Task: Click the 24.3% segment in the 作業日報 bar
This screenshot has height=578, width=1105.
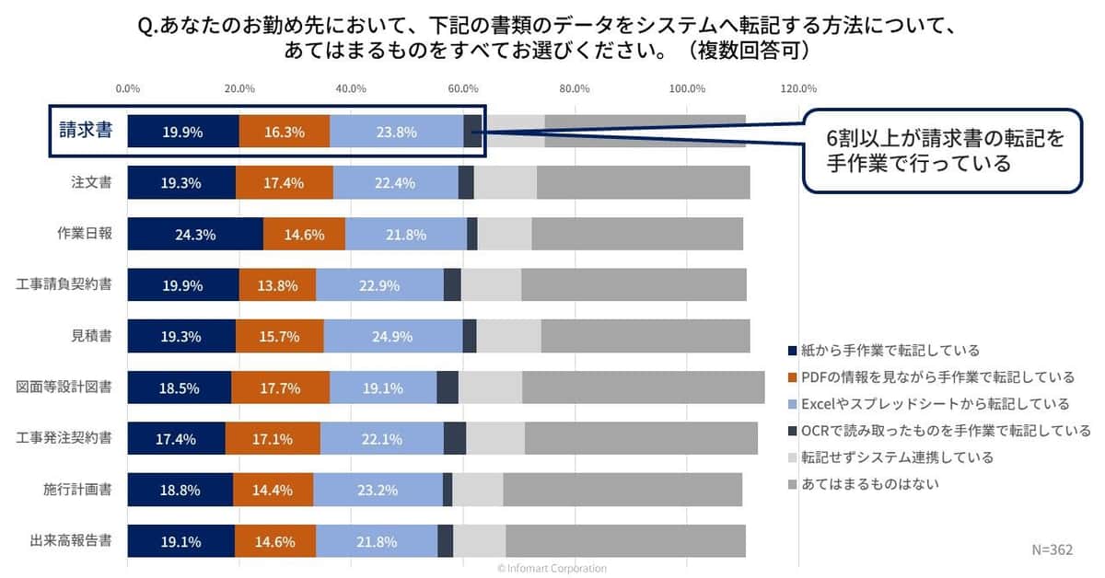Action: (x=195, y=235)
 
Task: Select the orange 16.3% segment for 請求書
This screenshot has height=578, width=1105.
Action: (x=285, y=132)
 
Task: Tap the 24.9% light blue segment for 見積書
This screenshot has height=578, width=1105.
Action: (x=393, y=337)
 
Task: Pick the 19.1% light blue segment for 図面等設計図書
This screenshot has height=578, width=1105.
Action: (x=383, y=388)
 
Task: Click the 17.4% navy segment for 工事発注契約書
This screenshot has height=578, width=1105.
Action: (x=176, y=439)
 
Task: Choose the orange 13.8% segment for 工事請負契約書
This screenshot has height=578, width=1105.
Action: (x=277, y=285)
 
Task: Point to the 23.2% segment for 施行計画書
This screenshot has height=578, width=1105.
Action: (x=378, y=491)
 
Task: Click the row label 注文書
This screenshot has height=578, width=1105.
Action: (x=91, y=183)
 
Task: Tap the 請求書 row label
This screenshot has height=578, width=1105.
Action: (x=86, y=132)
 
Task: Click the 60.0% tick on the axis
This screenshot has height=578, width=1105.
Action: (x=462, y=89)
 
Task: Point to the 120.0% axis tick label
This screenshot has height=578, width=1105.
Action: (x=798, y=89)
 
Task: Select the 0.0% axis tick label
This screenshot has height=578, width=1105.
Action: (x=127, y=89)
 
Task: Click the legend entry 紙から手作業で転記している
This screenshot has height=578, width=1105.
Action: (x=890, y=351)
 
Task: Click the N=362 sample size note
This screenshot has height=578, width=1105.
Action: (x=1051, y=549)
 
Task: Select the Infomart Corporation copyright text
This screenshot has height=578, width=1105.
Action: (x=552, y=569)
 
